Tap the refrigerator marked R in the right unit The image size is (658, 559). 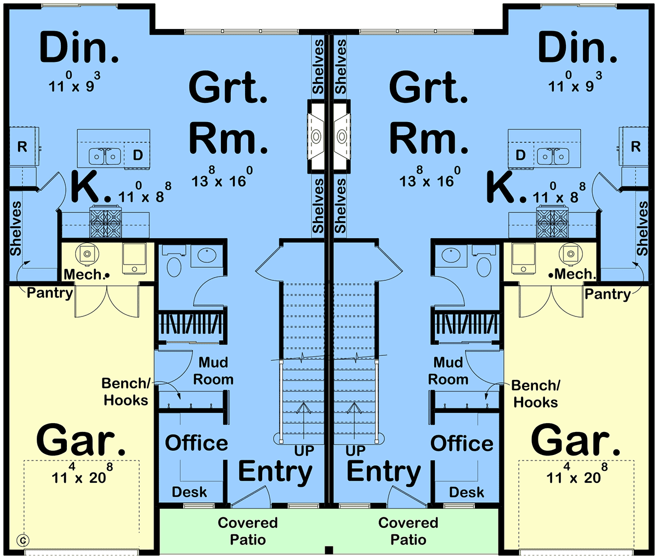pyautogui.click(x=636, y=147)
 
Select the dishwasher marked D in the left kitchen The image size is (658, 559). pyautogui.click(x=138, y=155)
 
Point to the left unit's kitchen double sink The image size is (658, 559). pyautogui.click(x=105, y=157)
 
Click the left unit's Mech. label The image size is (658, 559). pyautogui.click(x=83, y=274)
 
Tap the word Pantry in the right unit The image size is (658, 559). pyautogui.click(x=607, y=294)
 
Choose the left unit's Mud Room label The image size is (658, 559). pyautogui.click(x=213, y=371)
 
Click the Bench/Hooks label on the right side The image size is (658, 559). pyautogui.click(x=536, y=394)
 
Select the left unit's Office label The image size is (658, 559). pyautogui.click(x=196, y=443)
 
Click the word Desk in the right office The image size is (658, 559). pyautogui.click(x=467, y=492)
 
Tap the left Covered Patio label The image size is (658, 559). pyautogui.click(x=248, y=531)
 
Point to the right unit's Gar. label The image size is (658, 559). pyautogui.click(x=576, y=441)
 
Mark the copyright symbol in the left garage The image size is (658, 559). pyautogui.click(x=24, y=540)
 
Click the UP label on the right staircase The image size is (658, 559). pyautogui.click(x=356, y=451)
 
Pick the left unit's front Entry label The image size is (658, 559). pyautogui.click(x=275, y=471)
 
